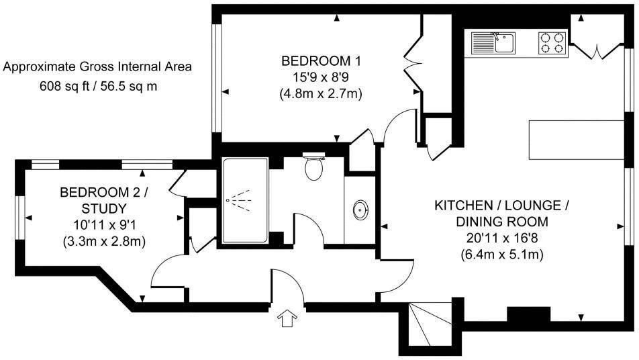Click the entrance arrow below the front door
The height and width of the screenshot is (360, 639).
287,318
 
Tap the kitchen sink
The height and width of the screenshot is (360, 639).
493,43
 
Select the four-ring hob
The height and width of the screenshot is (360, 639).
553,43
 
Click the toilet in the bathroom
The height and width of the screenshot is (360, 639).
314,167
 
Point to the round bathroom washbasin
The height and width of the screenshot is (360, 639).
360,210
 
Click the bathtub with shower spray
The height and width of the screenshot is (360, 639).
245,201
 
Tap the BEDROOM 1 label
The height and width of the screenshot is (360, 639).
321,61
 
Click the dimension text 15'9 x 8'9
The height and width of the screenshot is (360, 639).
321,77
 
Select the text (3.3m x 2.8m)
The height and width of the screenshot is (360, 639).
104,241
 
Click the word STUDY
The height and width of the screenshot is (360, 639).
104,209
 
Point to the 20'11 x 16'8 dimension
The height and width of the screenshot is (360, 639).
502,238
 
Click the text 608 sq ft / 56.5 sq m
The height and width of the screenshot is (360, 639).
98,87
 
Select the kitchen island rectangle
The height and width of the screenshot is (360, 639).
577,140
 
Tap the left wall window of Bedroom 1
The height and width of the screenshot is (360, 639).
216,78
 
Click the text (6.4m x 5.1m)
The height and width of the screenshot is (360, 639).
502,255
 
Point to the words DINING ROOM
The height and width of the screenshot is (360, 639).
502,222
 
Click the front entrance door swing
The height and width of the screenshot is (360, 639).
287,285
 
